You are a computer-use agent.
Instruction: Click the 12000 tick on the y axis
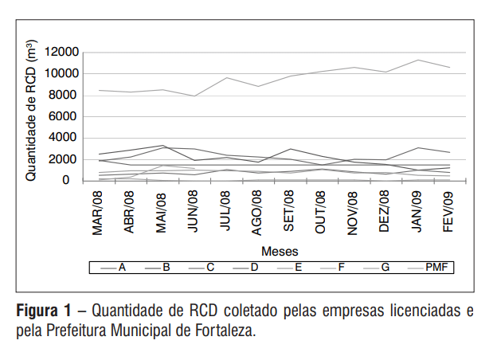pos(63,53)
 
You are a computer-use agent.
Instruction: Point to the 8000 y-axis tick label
pos(66,96)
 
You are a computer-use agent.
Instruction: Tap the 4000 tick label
pos(66,139)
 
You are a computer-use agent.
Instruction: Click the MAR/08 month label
pos(99,213)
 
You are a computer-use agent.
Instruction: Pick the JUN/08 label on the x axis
pos(194,211)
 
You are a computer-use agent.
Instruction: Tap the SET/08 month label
pos(289,211)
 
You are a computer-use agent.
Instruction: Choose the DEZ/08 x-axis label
pos(384,211)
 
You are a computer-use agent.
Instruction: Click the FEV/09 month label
pos(448,211)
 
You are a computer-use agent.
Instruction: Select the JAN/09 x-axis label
pos(416,211)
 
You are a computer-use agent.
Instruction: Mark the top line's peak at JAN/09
pos(416,60)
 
